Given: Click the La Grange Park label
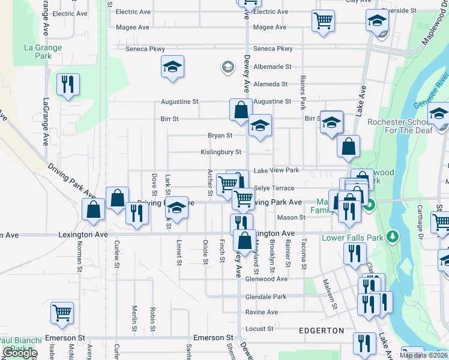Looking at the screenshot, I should click(43, 52).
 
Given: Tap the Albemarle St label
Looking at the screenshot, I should click(272, 67).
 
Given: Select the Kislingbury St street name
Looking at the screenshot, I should click(221, 152).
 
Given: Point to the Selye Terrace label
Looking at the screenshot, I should click(274, 188).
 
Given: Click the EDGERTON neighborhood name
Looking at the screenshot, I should click(322, 331).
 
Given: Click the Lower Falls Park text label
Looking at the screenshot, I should click(358, 238).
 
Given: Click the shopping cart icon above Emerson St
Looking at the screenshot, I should click(62, 313).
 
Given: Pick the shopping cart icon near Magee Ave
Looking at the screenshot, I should click(323, 21).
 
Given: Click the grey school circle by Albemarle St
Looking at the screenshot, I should click(228, 67).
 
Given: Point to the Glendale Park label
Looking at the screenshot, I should click(266, 297).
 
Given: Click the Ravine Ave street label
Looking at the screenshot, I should click(262, 312).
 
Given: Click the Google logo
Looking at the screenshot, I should click(20, 353).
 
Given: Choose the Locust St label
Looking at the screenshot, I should click(260, 329).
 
